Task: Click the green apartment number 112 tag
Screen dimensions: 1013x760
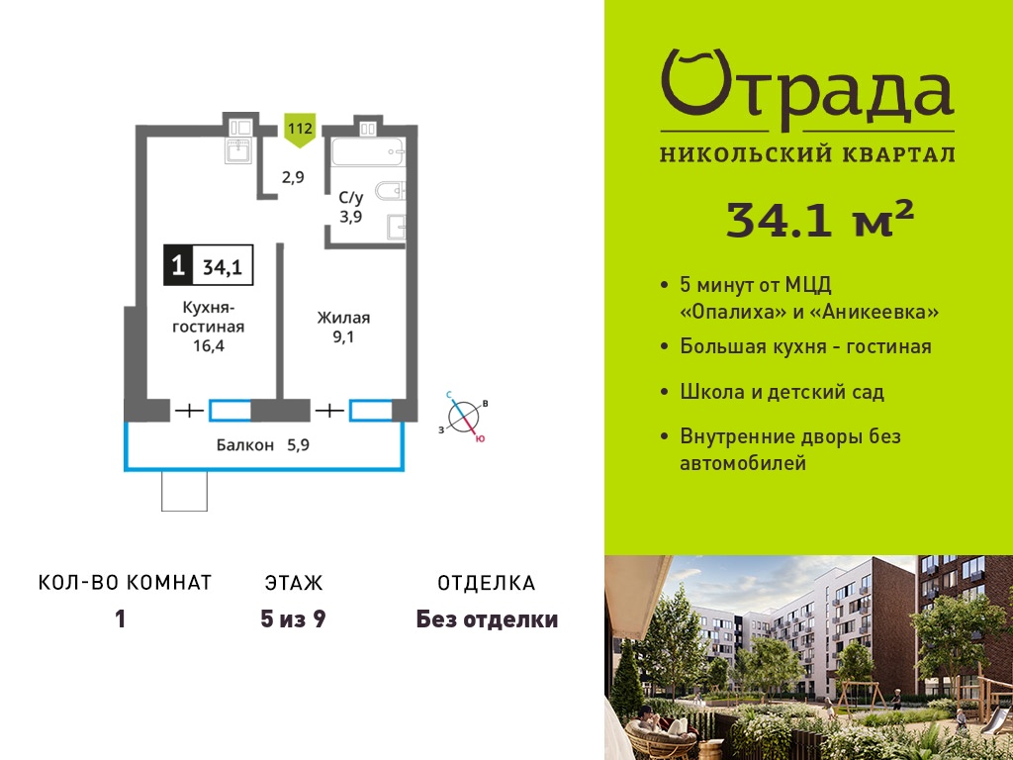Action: pyautogui.click(x=299, y=130)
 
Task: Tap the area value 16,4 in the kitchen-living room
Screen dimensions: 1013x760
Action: pyautogui.click(x=208, y=345)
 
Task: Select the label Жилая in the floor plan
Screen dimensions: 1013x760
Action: pyautogui.click(x=343, y=318)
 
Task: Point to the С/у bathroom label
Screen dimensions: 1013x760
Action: pyautogui.click(x=351, y=198)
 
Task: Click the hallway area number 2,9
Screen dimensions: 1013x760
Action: pyautogui.click(x=293, y=177)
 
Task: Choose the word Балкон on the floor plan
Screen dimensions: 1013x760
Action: pyautogui.click(x=245, y=445)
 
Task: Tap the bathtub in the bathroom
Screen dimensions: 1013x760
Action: pyautogui.click(x=368, y=152)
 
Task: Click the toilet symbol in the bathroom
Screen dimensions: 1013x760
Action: pyautogui.click(x=390, y=190)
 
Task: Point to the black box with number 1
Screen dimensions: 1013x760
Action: pyautogui.click(x=178, y=265)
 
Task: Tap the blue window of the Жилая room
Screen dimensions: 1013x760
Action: pyautogui.click(x=370, y=411)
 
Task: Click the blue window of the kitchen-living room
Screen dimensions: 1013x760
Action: pyautogui.click(x=230, y=411)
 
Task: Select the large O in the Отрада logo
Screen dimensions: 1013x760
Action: pyautogui.click(x=696, y=82)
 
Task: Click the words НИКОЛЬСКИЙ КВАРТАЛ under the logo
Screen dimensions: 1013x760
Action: pyautogui.click(x=807, y=154)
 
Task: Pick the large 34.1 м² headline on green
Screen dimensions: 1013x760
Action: pyautogui.click(x=820, y=218)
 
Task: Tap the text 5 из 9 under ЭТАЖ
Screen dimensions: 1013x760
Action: pyautogui.click(x=293, y=619)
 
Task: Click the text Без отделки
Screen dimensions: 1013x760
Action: pyautogui.click(x=487, y=619)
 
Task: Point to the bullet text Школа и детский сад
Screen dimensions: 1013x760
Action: pyautogui.click(x=783, y=392)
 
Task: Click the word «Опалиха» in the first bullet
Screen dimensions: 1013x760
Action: pyautogui.click(x=733, y=313)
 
